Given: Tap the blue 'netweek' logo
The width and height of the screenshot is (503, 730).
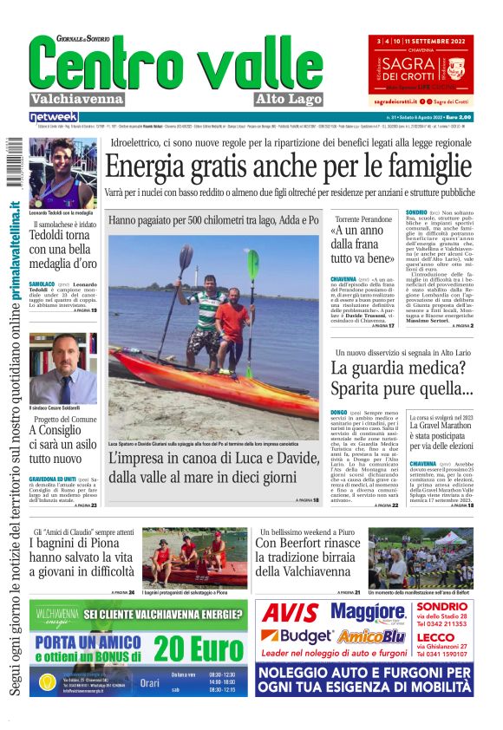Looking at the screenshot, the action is coord(54,117).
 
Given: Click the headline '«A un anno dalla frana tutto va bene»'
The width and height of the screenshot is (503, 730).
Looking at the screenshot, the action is coord(360,245).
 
